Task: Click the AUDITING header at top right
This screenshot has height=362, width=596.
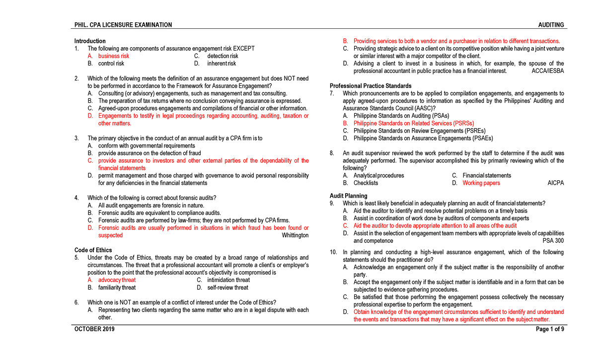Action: [551, 25]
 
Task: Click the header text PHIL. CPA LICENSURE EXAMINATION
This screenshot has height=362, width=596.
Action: [123, 25]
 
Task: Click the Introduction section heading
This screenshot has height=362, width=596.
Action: [89, 41]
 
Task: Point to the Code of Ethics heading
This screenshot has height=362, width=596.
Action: [93, 250]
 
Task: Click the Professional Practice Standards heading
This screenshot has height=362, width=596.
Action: [371, 86]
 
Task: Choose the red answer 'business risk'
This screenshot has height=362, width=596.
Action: [113, 56]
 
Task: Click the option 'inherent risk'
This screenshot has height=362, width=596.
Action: [222, 64]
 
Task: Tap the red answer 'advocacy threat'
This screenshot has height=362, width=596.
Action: [117, 280]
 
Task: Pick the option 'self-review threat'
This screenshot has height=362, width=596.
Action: [227, 288]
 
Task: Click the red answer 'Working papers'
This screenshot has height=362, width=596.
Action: [481, 183]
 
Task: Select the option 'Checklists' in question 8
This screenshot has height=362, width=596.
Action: [366, 183]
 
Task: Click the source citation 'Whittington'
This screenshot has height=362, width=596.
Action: [295, 235]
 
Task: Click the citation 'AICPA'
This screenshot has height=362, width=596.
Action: [555, 183]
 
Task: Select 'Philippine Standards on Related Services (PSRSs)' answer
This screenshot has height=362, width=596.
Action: [413, 123]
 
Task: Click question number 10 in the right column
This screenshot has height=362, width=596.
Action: [333, 252]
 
